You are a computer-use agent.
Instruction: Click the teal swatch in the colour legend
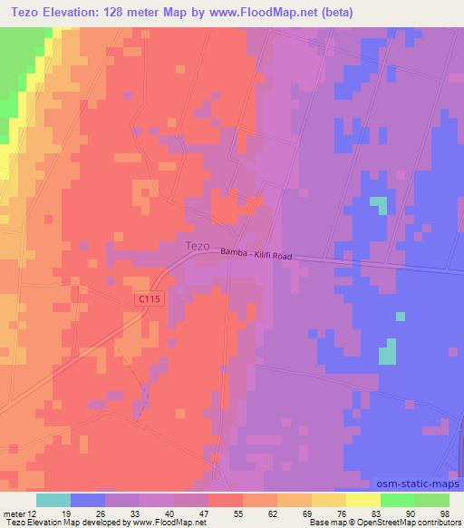tap(53, 500)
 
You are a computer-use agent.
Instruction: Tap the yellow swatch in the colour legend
tap(363, 500)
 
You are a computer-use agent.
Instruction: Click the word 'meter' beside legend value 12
tap(14, 513)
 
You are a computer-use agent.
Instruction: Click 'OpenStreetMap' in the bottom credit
tap(372, 523)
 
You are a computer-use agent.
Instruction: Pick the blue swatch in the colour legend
tap(88, 500)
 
